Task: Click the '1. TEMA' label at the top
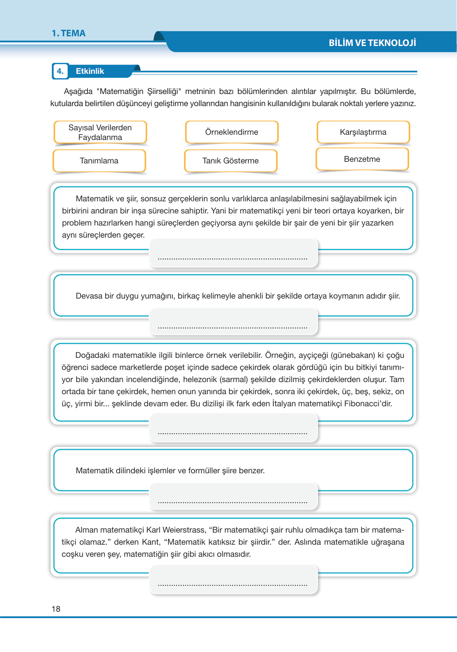pyautogui.click(x=69, y=33)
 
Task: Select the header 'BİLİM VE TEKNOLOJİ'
pyautogui.click(x=372, y=43)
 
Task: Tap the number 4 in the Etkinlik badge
pyautogui.click(x=60, y=71)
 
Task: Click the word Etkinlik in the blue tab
pyautogui.click(x=90, y=71)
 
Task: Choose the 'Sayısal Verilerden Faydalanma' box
pyautogui.click(x=100, y=132)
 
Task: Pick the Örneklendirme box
pyautogui.click(x=231, y=132)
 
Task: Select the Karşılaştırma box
pyautogui.click(x=363, y=132)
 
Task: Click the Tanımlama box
pyautogui.click(x=99, y=161)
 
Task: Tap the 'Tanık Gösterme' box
pyautogui.click(x=231, y=161)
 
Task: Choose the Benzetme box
pyautogui.click(x=362, y=159)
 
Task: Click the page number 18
pyautogui.click(x=56, y=609)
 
